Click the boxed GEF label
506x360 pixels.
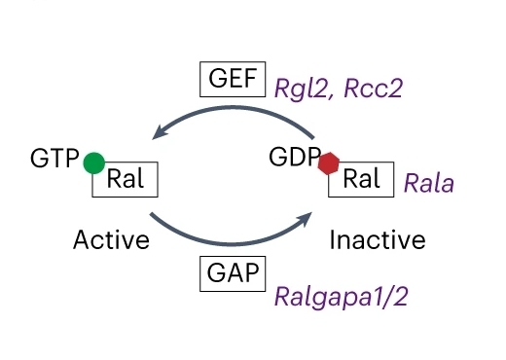click(x=232, y=79)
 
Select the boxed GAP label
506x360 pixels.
click(x=232, y=272)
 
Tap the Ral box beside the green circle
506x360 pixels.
click(x=126, y=180)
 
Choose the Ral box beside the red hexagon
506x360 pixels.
click(x=362, y=180)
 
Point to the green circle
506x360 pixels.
click(x=93, y=162)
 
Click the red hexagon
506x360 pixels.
click(x=329, y=163)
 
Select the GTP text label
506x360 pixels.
click(x=54, y=158)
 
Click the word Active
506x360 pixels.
click(x=111, y=239)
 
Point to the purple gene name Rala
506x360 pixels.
click(x=428, y=182)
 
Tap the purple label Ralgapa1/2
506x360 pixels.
click(x=341, y=296)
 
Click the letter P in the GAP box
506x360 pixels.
click(x=252, y=272)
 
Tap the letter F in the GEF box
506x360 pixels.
click(x=251, y=79)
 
